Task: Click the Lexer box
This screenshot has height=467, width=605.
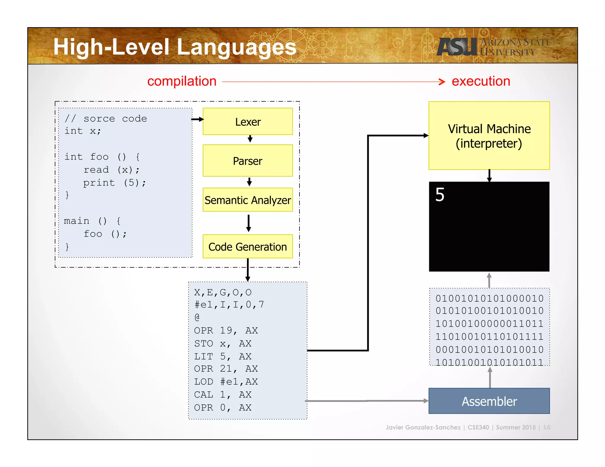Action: pyautogui.click(x=248, y=121)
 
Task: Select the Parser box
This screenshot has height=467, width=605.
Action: pyautogui.click(x=248, y=161)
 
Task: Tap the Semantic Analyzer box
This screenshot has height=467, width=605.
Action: pyautogui.click(x=248, y=200)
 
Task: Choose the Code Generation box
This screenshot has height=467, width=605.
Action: pyautogui.click(x=248, y=246)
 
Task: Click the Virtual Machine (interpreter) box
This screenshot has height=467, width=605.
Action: pyautogui.click(x=489, y=136)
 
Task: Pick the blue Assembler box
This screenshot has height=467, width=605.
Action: pyautogui.click(x=489, y=401)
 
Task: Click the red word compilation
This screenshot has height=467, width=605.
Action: pyautogui.click(x=182, y=81)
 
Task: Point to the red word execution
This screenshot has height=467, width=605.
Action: pyautogui.click(x=481, y=81)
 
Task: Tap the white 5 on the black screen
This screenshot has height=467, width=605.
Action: pyautogui.click(x=440, y=195)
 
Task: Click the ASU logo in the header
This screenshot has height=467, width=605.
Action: pyautogui.click(x=457, y=47)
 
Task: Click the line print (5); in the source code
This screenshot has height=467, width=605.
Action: pyautogui.click(x=114, y=183)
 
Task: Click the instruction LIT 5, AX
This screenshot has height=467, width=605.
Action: pyautogui.click(x=222, y=356)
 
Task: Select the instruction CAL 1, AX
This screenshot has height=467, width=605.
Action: pyautogui.click(x=222, y=394)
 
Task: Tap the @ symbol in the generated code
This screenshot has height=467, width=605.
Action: pyautogui.click(x=197, y=317)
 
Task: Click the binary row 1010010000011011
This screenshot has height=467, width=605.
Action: pyautogui.click(x=489, y=324)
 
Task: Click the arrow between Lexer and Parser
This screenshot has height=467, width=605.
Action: pyautogui.click(x=250, y=139)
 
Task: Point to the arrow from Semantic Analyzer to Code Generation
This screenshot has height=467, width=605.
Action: pyautogui.click(x=248, y=223)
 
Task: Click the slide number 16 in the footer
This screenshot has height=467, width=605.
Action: pyautogui.click(x=547, y=427)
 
